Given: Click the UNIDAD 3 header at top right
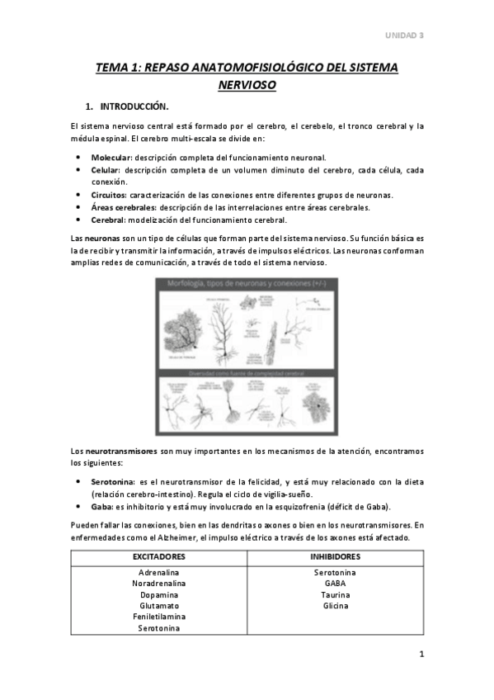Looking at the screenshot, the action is click(405, 35).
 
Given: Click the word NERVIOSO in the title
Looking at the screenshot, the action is click(247, 84).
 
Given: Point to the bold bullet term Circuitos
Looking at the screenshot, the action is click(109, 195).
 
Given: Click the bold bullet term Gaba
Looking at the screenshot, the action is click(101, 506).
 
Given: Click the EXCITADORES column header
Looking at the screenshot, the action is click(159, 556).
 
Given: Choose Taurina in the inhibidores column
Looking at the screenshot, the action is click(335, 594).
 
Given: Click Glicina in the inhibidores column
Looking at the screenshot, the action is click(335, 605).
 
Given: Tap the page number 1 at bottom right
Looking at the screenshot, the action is click(421, 655).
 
